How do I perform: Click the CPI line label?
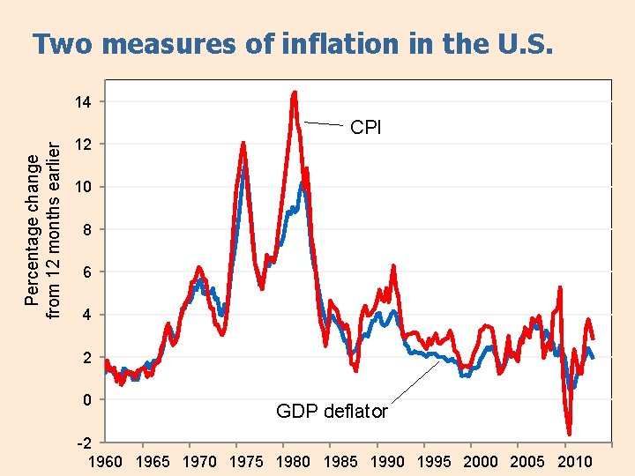click(x=366, y=128)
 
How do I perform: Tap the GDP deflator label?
click(x=332, y=411)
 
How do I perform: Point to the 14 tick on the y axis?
click(x=82, y=102)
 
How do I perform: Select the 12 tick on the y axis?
click(x=82, y=145)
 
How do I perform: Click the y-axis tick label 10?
click(x=82, y=188)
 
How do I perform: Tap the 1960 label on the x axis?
click(x=106, y=462)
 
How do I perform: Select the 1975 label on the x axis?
click(x=246, y=462)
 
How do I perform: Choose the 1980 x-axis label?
click(x=293, y=462)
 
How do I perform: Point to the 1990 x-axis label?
click(x=386, y=462)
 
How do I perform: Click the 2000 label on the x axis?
click(x=480, y=462)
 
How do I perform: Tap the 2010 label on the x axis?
click(x=573, y=462)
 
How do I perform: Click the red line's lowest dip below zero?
click(x=570, y=433)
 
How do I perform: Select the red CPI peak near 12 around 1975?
click(x=243, y=144)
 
